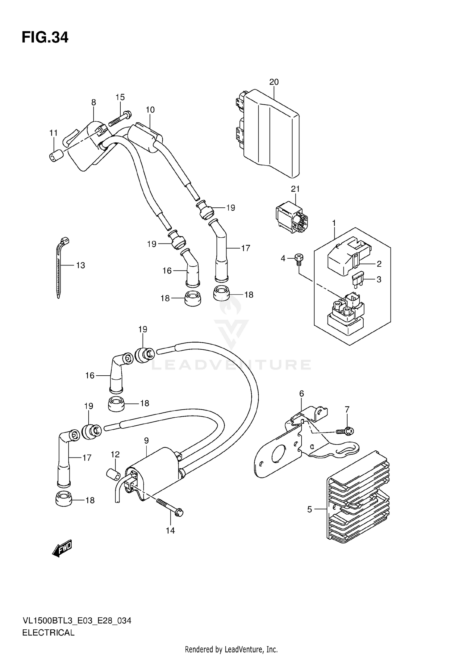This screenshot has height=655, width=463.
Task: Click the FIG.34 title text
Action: (45, 38)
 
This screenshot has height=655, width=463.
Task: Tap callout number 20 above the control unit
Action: (274, 82)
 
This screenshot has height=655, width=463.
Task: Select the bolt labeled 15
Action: (119, 119)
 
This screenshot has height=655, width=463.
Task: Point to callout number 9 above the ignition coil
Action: (146, 441)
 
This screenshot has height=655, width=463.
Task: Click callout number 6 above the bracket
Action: (302, 394)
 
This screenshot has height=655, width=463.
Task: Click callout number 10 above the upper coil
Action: (150, 110)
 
